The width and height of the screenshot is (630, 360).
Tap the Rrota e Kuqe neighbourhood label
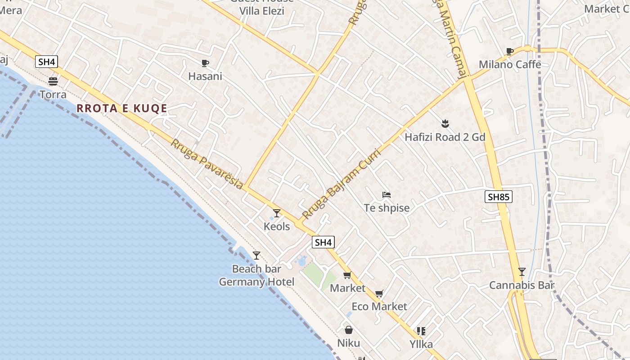122,108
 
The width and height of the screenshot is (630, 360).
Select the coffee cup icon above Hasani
205,63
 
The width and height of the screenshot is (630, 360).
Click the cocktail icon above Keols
277,213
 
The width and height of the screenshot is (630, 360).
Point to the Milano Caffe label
510,64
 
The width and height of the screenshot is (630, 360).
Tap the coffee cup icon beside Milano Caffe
510,51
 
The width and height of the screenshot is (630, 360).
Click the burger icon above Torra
53,81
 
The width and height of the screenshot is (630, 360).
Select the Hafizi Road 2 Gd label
445,137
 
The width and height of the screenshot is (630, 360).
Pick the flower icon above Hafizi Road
445,123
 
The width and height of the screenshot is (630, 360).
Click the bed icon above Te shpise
387,195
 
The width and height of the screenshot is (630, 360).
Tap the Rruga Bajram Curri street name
342,184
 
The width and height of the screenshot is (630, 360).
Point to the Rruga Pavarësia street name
207,164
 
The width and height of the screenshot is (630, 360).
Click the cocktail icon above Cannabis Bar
522,271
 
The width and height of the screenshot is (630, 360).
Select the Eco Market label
379,306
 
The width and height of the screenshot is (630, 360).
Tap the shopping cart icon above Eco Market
379,293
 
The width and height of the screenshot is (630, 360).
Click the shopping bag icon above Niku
349,330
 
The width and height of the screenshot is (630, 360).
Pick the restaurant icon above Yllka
421,332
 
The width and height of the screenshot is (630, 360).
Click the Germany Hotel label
256,282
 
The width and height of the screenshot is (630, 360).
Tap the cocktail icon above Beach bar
256,256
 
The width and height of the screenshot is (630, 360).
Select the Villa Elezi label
261,11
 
